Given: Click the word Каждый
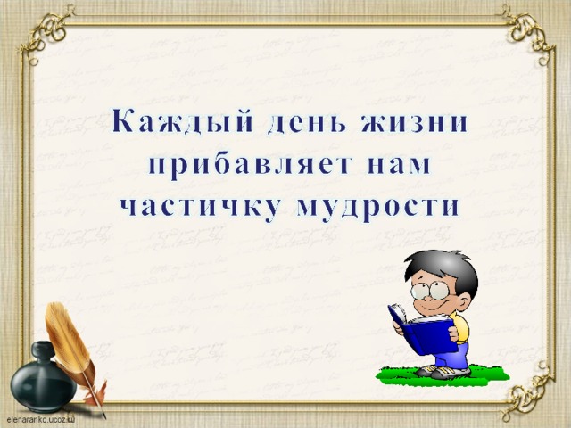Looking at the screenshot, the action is coord(182,120).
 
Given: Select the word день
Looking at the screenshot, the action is coord(306,123).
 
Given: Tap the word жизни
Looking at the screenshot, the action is coord(414,120).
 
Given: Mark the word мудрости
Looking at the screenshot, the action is coord(377,210).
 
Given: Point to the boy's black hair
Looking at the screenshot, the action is coord(444,269).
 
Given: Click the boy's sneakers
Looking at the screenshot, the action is coord(443,371).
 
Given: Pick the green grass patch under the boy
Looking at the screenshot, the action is coord(443,375).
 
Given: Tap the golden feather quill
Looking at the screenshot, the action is coord(73,350).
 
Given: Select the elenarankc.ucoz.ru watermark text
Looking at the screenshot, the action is coord(40,420).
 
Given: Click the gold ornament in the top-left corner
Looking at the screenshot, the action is coord(47,33).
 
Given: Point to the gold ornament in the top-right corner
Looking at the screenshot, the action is coord(528,33).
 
